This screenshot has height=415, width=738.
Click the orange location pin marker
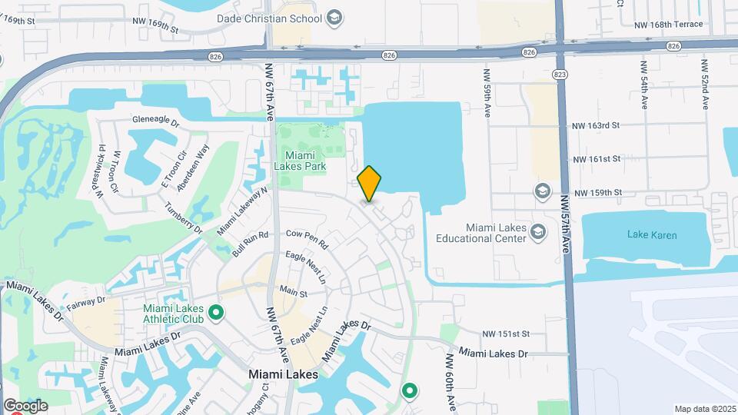pos(370,183)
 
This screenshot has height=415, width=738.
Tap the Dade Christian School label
pos(269,18)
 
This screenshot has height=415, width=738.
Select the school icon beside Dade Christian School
pos(334,17)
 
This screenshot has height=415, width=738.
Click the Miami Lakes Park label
pos(301,161)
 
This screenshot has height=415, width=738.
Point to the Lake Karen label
pos(652,235)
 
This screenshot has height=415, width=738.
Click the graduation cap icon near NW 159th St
pos(543,191)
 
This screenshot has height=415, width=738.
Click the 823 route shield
pos(560,74)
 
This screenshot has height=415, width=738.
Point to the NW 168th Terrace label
pos(669,25)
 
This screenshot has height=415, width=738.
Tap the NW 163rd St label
pos(596,125)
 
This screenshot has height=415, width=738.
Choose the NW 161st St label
pos(597,159)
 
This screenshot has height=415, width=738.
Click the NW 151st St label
pos(506,334)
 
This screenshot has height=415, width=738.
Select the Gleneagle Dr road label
pos(155,121)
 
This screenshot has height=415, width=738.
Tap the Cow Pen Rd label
pos(307,239)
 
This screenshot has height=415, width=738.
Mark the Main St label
pos(293,293)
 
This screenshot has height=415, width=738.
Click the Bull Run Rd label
pos(252,245)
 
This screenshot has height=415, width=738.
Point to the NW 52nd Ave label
pos(703,85)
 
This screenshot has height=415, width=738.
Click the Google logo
pos(25,406)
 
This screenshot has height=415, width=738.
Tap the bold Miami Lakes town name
pos(284,374)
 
